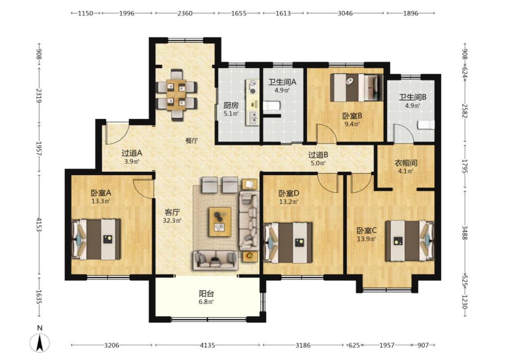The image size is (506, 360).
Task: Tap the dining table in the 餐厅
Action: pyautogui.click(x=176, y=94)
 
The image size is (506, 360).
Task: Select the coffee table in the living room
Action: pyautogui.click(x=220, y=221)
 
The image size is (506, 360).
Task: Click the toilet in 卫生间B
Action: pyautogui.click(x=425, y=125)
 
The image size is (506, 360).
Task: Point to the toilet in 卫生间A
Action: pyautogui.click(x=271, y=106)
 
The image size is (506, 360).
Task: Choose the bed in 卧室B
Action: pyautogui.click(x=357, y=87)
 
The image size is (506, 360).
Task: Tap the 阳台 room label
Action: pyautogui.click(x=206, y=294)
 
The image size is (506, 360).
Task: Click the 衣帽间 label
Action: pyautogui.click(x=406, y=163)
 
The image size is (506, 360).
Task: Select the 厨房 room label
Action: pyautogui.click(x=231, y=105)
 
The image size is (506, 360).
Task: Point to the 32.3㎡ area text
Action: pyautogui.click(x=172, y=221)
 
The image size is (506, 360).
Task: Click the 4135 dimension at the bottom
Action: pyautogui.click(x=207, y=346)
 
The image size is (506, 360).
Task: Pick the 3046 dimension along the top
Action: pyautogui.click(x=345, y=13)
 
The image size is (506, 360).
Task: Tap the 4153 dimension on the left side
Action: pyautogui.click(x=39, y=225)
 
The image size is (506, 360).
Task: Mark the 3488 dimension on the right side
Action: pyautogui.click(x=465, y=233)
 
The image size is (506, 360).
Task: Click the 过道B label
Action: pyautogui.click(x=318, y=155)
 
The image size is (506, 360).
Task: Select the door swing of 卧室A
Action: pyautogui.click(x=143, y=189)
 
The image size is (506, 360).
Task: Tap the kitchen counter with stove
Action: pyautogui.click(x=252, y=102)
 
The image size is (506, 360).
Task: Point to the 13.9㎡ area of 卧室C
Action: pyautogui.click(x=366, y=239)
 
